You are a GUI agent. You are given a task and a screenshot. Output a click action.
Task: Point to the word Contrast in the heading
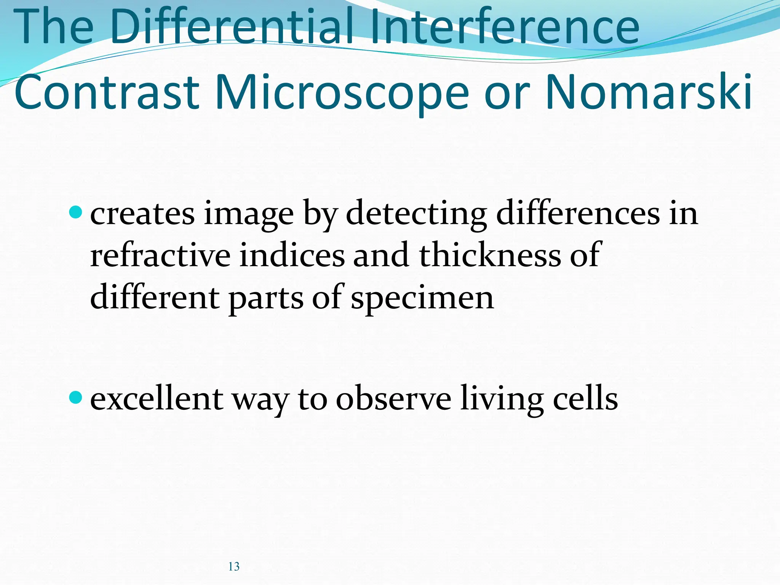(x=107, y=92)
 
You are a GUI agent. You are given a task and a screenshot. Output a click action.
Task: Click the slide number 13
(x=234, y=567)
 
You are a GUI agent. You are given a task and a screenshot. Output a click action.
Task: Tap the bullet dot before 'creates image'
(x=76, y=212)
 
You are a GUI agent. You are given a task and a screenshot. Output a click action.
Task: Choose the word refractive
(x=160, y=255)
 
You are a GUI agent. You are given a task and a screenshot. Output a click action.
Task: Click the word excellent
(x=157, y=399)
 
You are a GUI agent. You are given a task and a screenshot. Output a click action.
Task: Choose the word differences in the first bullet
(x=578, y=213)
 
